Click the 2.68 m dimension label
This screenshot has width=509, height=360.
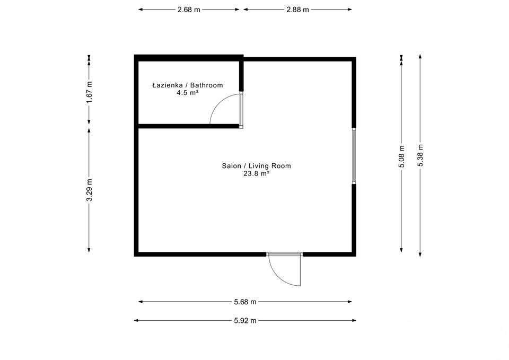(189, 10)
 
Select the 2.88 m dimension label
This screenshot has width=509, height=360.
(297, 10)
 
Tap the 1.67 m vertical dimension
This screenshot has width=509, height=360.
(90, 91)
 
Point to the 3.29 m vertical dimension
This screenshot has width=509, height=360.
(90, 190)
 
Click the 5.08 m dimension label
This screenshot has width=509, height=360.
(402, 157)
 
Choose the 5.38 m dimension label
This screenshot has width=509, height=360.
(420, 155)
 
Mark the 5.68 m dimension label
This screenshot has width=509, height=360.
(245, 302)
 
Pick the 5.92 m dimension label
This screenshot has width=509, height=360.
(245, 320)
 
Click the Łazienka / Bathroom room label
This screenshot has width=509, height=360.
(187, 85)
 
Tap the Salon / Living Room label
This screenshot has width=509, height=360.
(256, 166)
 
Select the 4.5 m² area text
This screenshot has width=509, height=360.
(187, 92)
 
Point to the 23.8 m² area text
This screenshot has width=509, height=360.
(256, 173)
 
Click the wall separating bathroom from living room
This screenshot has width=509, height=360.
(188, 126)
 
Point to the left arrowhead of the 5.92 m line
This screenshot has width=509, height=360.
(136, 320)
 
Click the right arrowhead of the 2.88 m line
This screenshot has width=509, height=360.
(350, 10)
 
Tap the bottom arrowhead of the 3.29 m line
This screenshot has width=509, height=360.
(90, 250)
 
